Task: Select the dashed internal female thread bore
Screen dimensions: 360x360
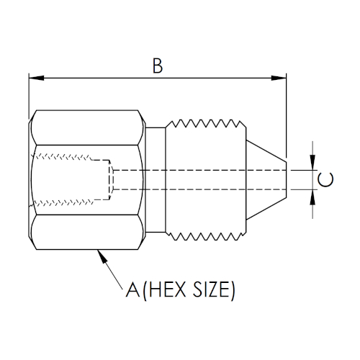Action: pyautogui.click(x=72, y=180)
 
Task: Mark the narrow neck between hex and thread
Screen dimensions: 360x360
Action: pyautogui.click(x=155, y=180)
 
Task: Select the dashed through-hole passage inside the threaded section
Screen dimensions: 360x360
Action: pyautogui.click(x=202, y=180)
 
